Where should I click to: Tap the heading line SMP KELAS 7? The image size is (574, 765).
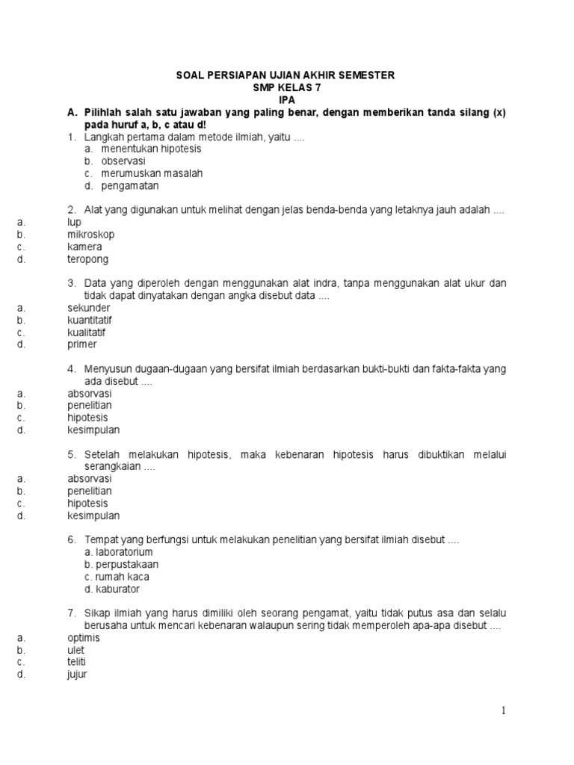[x=287, y=87]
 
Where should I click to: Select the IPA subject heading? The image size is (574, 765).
[x=287, y=99]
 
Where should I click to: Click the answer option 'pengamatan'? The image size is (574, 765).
[x=130, y=185]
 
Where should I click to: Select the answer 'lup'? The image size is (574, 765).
[x=74, y=222]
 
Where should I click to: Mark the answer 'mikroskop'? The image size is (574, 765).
[x=90, y=235]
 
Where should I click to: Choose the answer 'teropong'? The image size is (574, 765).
[x=87, y=259]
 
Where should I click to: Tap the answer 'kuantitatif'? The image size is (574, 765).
[x=90, y=320]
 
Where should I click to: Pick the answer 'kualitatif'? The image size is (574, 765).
[x=87, y=332]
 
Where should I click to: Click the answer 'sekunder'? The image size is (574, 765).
[x=88, y=308]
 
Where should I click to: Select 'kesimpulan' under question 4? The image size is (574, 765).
[x=93, y=430]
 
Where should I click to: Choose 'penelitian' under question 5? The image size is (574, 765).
[x=90, y=491]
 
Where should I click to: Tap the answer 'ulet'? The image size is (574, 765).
[x=75, y=650]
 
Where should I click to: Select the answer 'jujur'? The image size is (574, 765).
[x=77, y=675]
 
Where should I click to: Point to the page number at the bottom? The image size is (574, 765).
[x=504, y=711]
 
